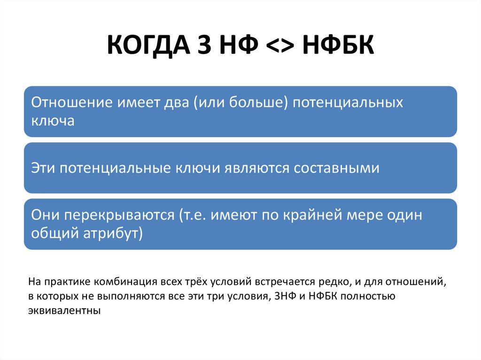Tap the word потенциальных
click(x=348, y=103)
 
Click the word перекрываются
click(x=120, y=215)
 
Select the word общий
click(x=53, y=233)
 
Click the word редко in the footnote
click(x=333, y=283)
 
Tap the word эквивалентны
click(x=64, y=311)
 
